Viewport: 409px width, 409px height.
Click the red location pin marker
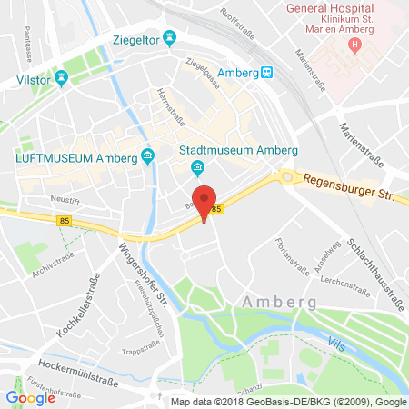coord(205,199)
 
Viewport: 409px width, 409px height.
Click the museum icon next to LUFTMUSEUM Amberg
coord(146,158)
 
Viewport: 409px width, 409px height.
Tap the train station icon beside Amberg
coord(266,72)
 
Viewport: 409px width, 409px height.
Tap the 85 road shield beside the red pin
coord(215,210)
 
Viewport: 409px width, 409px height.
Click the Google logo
coord(29,396)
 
